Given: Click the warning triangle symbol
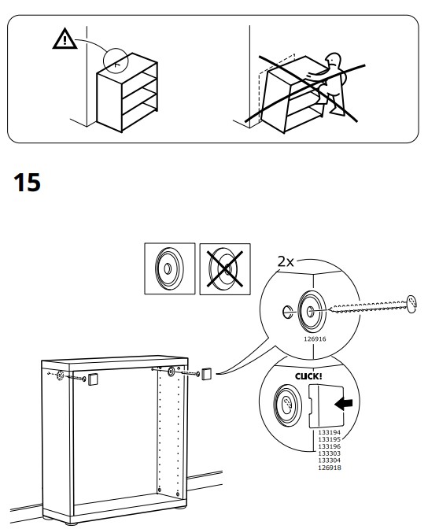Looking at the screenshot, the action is (x=65, y=39).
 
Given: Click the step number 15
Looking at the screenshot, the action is (x=27, y=182).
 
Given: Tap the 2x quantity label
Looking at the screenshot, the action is (x=286, y=261).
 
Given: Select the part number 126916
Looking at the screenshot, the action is (x=315, y=338).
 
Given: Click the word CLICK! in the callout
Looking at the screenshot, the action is (x=308, y=376).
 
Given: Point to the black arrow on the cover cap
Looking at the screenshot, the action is (x=343, y=403).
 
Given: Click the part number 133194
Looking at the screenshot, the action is (x=329, y=432).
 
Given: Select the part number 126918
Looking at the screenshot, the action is (x=329, y=468).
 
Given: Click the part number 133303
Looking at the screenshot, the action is (x=329, y=453).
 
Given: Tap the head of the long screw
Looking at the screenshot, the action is (x=411, y=304).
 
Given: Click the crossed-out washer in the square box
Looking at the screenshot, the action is (x=225, y=269).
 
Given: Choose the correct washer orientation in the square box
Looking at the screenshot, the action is (x=169, y=268).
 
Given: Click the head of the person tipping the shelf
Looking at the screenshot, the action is (x=334, y=61).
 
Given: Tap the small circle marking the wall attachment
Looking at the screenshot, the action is (x=116, y=61).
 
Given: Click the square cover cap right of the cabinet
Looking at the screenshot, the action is (x=206, y=374).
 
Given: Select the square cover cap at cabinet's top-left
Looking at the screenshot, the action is (x=93, y=379).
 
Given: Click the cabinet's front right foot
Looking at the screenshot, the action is (x=180, y=507).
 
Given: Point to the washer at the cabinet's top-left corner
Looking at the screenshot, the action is (x=61, y=375).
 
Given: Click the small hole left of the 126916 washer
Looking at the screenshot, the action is (x=287, y=312).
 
